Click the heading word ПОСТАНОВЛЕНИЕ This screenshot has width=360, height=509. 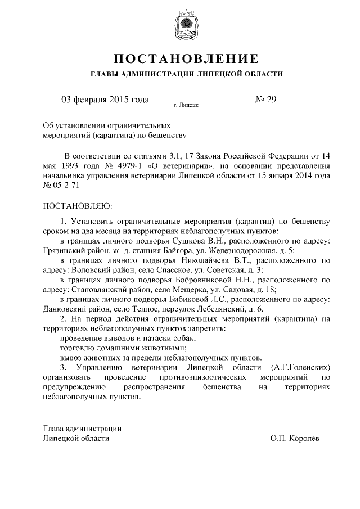pyautogui.click(x=186, y=58)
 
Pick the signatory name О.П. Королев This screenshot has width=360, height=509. pyautogui.click(x=294, y=438)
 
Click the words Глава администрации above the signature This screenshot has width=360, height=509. pyautogui.click(x=82, y=428)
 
